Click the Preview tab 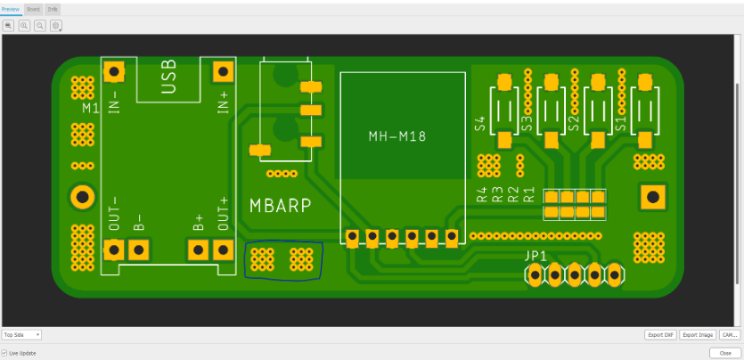(10, 8)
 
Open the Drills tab (53, 8)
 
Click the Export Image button (698, 335)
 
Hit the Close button (724, 353)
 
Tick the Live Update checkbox (4, 353)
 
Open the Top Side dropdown (21, 335)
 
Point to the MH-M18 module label (397, 136)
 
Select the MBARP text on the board (280, 206)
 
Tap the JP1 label (536, 256)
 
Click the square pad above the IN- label (113, 70)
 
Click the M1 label (90, 108)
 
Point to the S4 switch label (481, 124)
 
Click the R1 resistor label (528, 195)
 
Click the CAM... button (730, 335)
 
